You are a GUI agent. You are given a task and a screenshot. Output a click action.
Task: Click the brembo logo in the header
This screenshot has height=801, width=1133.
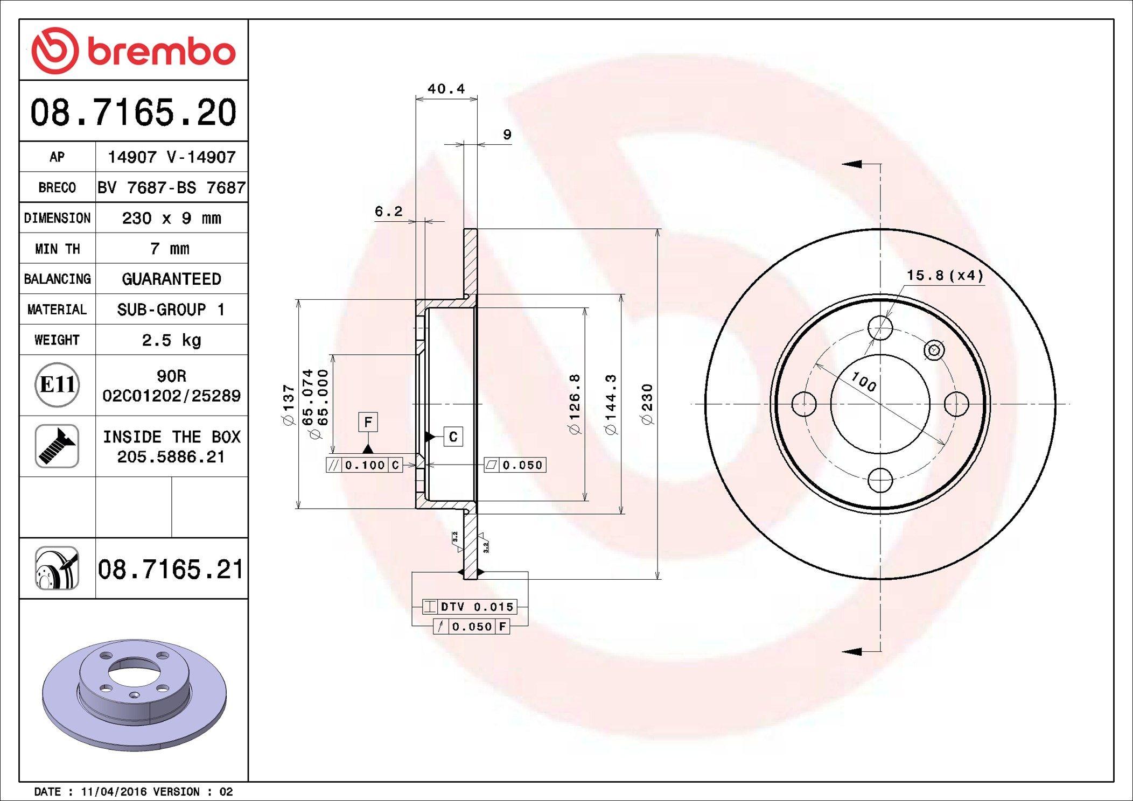point(134,50)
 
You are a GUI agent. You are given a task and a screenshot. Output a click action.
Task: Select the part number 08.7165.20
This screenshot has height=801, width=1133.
point(134,113)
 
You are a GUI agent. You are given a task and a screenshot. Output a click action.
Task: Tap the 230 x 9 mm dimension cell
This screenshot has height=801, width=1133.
point(171,218)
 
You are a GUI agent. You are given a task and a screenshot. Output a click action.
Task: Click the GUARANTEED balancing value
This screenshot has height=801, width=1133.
point(171,279)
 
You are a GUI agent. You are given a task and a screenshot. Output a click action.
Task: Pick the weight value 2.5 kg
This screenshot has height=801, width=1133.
point(171,340)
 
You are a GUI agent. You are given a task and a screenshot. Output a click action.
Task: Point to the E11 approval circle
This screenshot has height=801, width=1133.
point(57,384)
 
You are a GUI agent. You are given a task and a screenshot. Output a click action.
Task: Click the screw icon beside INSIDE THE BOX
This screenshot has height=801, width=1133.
point(57,446)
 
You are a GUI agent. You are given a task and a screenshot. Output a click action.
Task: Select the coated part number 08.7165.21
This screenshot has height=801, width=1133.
point(171,569)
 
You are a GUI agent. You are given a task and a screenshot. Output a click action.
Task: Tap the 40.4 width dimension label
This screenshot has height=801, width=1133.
point(446,88)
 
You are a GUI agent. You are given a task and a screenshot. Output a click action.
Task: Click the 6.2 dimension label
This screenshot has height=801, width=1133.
point(389,211)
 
